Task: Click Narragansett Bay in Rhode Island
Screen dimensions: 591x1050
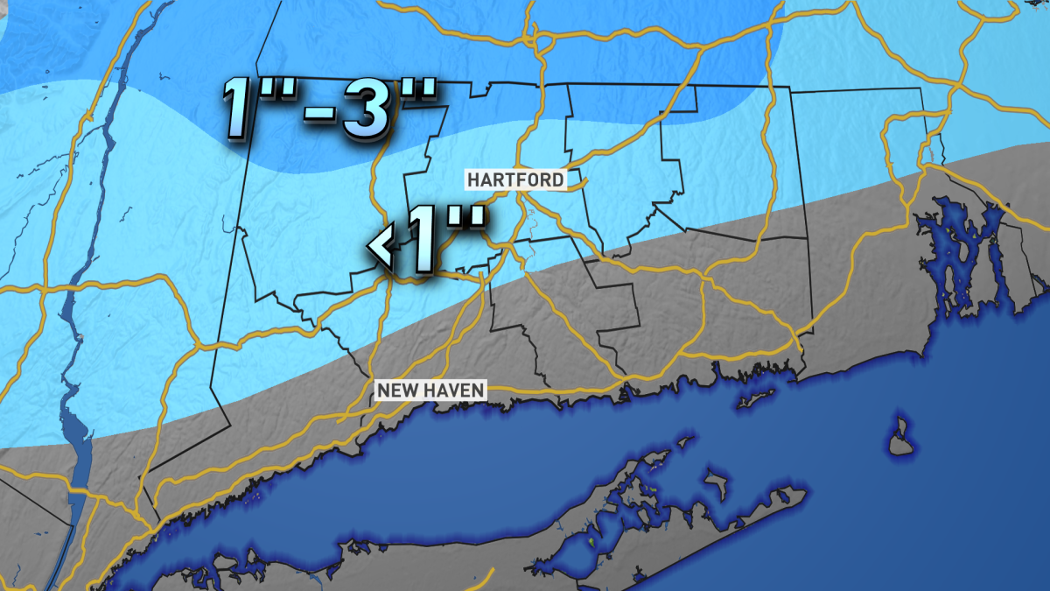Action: [x=962, y=254]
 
